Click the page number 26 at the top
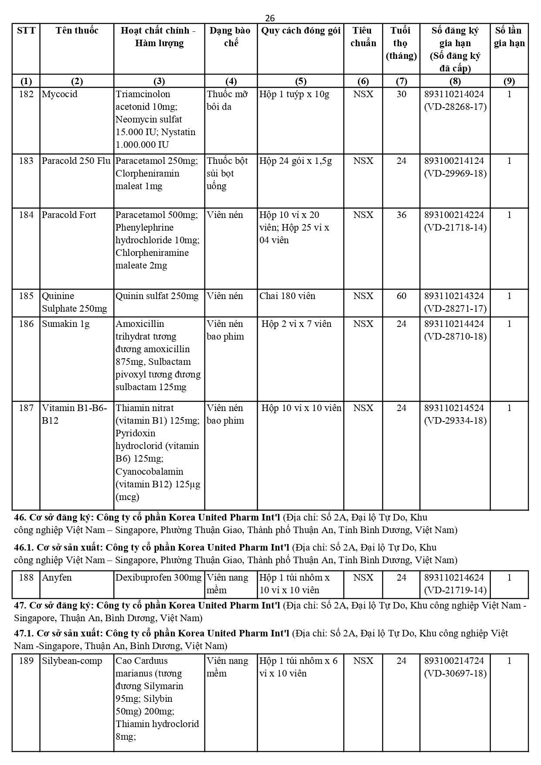(x=270, y=18)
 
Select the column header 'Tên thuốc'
(x=77, y=31)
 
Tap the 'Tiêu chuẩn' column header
(x=363, y=37)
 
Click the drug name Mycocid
(x=56, y=94)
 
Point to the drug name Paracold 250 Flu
(x=76, y=161)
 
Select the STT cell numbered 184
(x=26, y=215)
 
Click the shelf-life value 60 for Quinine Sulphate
(x=401, y=296)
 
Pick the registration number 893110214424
(x=454, y=324)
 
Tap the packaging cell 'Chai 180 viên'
(x=287, y=296)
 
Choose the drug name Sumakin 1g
(x=65, y=324)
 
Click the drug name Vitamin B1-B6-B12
(x=74, y=414)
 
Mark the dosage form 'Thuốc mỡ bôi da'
(x=227, y=100)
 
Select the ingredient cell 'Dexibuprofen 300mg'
(x=159, y=578)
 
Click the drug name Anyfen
(x=57, y=578)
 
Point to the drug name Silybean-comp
(x=71, y=661)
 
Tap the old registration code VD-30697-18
(x=455, y=673)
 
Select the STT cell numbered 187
(x=26, y=408)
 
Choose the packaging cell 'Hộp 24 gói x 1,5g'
(x=296, y=161)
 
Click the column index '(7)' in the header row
(x=401, y=81)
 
